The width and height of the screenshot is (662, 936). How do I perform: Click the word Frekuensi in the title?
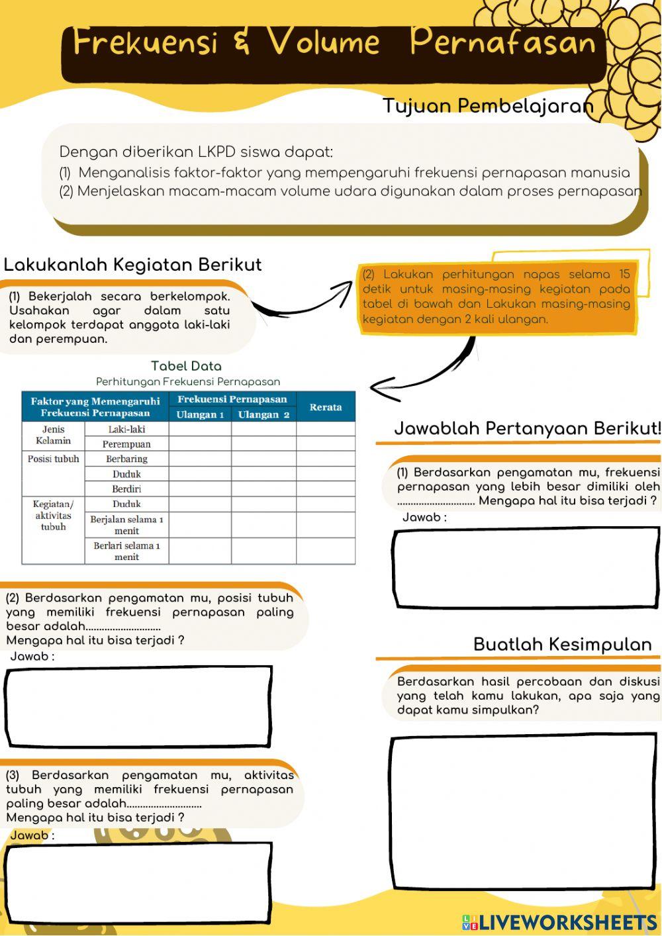[145, 42]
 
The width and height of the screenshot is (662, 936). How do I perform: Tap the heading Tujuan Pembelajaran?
[487, 106]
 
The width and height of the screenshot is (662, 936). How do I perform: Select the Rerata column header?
[325, 407]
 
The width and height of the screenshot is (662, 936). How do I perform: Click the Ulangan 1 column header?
[200, 414]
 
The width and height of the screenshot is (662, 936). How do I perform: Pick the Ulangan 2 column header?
[263, 414]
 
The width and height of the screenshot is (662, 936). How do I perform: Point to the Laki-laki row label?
[126, 429]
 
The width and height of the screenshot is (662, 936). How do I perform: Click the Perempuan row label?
[126, 444]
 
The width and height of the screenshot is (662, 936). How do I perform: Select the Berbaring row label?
[126, 459]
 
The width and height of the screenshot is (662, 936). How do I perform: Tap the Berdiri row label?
[126, 489]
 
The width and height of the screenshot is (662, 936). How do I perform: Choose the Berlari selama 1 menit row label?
[126, 551]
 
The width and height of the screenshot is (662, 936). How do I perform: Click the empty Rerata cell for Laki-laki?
[325, 429]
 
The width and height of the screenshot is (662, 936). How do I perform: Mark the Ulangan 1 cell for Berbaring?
[200, 459]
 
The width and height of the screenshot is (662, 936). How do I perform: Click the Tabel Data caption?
[186, 366]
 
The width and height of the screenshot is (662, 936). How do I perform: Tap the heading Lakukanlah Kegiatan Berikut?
[132, 265]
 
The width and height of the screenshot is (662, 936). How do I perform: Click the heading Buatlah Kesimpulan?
[562, 645]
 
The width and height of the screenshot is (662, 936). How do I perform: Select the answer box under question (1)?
[526, 567]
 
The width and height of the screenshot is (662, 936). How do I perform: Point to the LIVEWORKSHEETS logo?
[559, 922]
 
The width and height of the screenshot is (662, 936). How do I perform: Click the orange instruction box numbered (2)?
[496, 297]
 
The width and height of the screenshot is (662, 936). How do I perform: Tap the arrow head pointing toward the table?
[381, 389]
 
